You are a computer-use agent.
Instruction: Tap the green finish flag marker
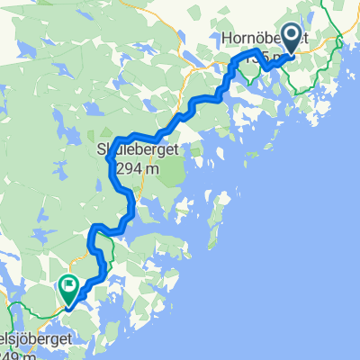[x=68, y=286]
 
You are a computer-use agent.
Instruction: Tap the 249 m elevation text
[x=13, y=357]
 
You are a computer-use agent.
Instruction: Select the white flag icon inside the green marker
[x=68, y=285]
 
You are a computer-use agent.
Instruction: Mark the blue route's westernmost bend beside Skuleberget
[x=109, y=159]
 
